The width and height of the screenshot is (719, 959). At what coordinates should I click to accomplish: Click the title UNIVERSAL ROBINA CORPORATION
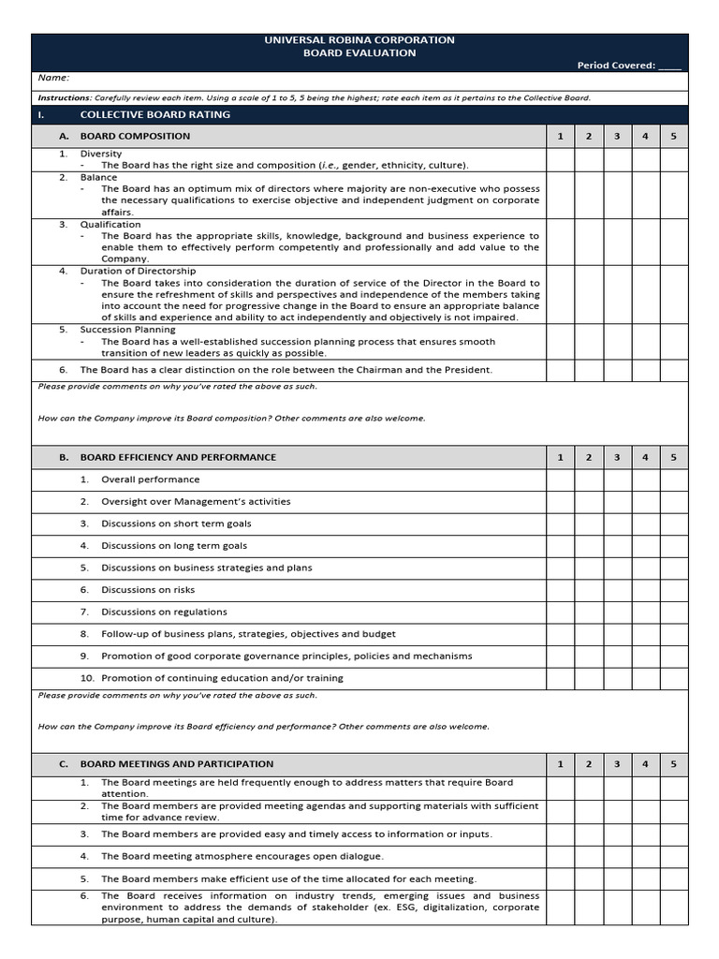pyautogui.click(x=359, y=40)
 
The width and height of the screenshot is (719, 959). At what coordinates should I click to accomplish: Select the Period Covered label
pyautogui.click(x=617, y=66)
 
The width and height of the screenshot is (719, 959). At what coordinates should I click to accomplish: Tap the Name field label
pyautogui.click(x=53, y=79)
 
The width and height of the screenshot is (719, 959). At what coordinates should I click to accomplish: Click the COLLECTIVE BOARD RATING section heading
pyautogui.click(x=154, y=115)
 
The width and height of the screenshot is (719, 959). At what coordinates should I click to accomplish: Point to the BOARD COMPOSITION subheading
pyautogui.click(x=135, y=137)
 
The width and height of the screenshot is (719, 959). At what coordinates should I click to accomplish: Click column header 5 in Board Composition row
pyautogui.click(x=673, y=137)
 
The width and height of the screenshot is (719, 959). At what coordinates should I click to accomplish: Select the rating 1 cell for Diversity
pyautogui.click(x=560, y=159)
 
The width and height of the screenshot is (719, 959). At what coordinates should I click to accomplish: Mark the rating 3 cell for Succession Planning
pyautogui.click(x=617, y=341)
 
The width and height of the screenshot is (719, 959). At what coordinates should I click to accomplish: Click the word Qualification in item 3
pyautogui.click(x=110, y=225)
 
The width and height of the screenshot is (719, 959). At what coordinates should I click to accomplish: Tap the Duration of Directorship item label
pyautogui.click(x=139, y=271)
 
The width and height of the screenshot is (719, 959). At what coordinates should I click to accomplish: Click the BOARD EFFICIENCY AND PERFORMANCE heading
pyautogui.click(x=178, y=458)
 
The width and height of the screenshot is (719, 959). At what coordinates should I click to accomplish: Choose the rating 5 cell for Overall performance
pyautogui.click(x=673, y=479)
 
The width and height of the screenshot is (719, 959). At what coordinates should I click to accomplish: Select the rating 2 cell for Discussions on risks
pyautogui.click(x=588, y=590)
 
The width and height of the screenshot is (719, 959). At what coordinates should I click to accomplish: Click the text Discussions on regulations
pyautogui.click(x=164, y=612)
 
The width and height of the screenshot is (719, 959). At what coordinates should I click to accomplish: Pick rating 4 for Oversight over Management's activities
pyautogui.click(x=645, y=502)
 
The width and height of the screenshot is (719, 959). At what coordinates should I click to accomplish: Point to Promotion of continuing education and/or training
pyautogui.click(x=222, y=678)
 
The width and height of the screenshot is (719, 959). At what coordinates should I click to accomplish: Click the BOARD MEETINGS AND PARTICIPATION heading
pyautogui.click(x=177, y=764)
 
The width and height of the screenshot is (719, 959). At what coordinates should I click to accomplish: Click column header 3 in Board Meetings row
pyautogui.click(x=617, y=764)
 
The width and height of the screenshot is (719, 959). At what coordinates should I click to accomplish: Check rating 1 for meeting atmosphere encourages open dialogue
pyautogui.click(x=560, y=857)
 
